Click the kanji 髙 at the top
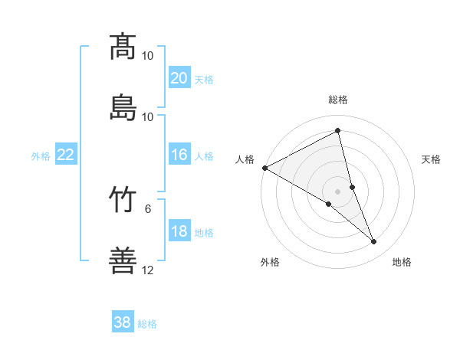coord(123,46)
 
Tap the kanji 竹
coord(123,199)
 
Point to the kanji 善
coord(123,260)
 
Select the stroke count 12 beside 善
coord(148,270)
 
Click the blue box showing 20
coord(179,78)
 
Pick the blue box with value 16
coord(179,155)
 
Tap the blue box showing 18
coord(179,231)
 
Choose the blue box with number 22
coord(66,155)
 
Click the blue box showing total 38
coord(123,322)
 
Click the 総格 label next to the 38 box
coord(147,324)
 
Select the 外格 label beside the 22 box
coord(41,156)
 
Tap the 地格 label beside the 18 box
coord(204,233)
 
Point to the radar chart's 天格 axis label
coord(431,159)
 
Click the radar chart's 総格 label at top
coord(338,100)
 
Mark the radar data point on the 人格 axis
coord(264,168)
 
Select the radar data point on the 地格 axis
coord(374,242)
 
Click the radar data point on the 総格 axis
coord(338,130)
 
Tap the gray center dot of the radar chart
coord(338,191)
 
